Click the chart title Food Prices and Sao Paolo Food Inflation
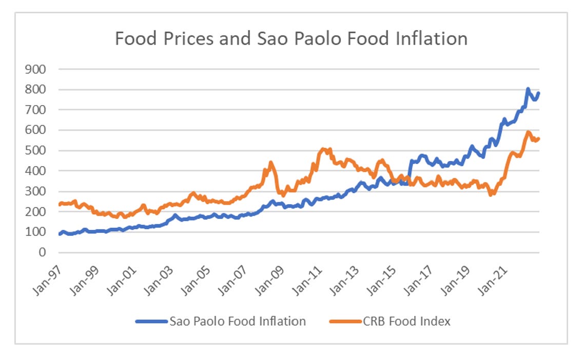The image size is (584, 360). pyautogui.click(x=291, y=39)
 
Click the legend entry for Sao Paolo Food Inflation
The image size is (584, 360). pyautogui.click(x=237, y=322)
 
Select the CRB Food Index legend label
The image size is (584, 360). pyautogui.click(x=406, y=322)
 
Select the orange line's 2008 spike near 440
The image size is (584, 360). pyautogui.click(x=270, y=163)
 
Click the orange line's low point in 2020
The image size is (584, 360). pyautogui.click(x=491, y=194)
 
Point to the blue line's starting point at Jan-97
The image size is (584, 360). pyautogui.click(x=60, y=234)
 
